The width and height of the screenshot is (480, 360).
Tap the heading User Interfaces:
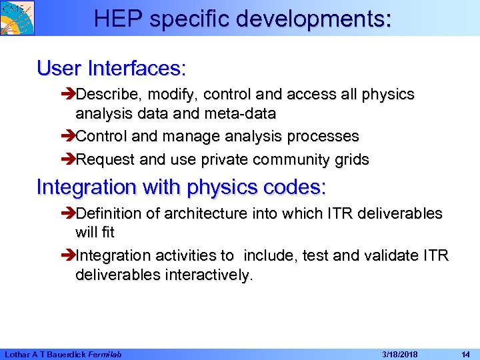(111, 68)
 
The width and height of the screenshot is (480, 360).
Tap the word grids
(351, 160)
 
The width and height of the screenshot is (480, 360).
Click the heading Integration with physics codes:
(181, 187)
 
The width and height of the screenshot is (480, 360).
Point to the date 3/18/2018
(399, 354)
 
